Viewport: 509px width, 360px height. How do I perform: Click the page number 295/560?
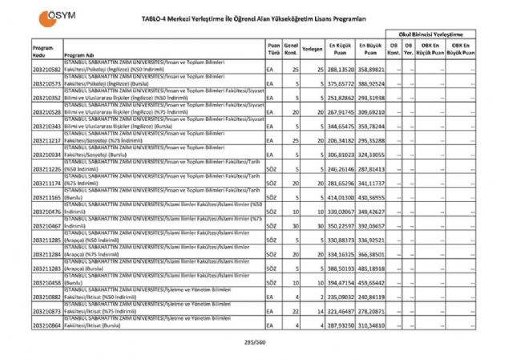[254, 342]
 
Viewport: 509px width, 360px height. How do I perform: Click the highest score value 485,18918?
[371, 269]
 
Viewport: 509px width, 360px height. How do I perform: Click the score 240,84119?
[371, 296]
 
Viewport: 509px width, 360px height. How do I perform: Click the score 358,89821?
[371, 71]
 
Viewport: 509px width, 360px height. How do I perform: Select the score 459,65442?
[371, 283]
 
